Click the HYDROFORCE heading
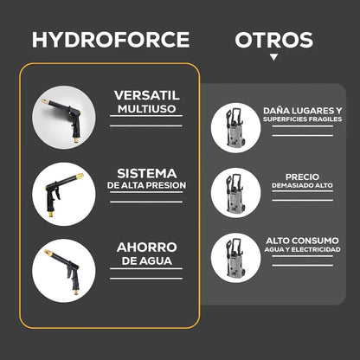111,40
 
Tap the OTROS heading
274,40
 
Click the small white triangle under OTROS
273,57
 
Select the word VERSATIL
146,95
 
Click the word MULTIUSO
146,109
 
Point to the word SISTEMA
147,173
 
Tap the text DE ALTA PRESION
146,185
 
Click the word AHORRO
147,247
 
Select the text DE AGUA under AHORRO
147,260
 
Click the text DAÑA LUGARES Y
302,111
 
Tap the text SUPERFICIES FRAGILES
302,119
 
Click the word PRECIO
302,177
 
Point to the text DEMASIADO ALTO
302,185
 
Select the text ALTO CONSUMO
302,241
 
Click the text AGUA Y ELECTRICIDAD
302,249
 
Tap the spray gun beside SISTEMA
64,194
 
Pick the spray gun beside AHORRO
62,271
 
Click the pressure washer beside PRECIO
235,192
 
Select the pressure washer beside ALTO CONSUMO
235,258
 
